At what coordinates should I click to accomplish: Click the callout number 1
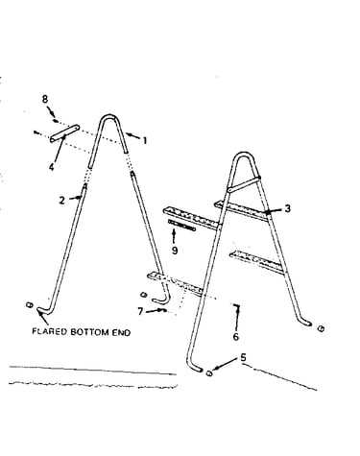(x=145, y=140)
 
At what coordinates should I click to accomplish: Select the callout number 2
(x=61, y=201)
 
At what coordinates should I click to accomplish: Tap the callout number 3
(x=288, y=208)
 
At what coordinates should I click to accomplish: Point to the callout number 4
(x=52, y=167)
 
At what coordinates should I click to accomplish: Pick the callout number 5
(x=244, y=357)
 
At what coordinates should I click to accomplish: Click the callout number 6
(x=236, y=337)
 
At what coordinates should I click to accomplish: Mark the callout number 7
(x=140, y=311)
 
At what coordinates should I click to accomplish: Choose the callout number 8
(x=45, y=99)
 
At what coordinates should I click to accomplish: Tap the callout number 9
(x=175, y=251)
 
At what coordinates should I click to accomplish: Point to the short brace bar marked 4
(x=64, y=133)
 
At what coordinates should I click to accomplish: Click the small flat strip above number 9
(x=181, y=226)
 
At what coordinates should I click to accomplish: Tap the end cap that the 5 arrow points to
(x=209, y=372)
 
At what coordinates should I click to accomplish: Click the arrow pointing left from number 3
(x=274, y=210)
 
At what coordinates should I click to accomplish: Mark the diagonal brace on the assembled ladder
(x=244, y=184)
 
